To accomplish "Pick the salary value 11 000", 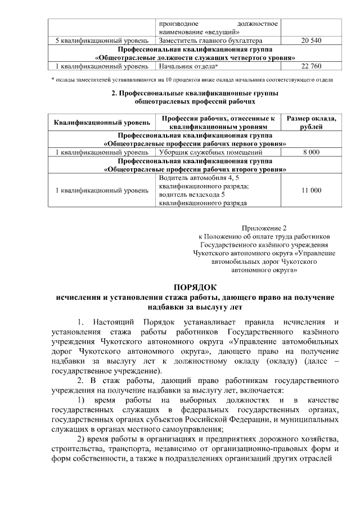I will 311,191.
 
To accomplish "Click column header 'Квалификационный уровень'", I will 102,123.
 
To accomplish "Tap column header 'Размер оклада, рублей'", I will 311,123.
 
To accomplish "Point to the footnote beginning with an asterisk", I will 192,79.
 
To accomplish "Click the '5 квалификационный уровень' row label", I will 102,41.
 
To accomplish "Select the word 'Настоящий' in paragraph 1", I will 120,322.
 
